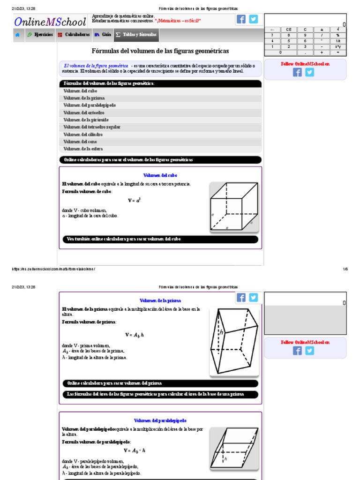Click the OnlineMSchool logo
click(50, 22)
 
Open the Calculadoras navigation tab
click(74, 35)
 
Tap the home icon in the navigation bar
click(17, 35)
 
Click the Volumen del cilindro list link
click(83, 135)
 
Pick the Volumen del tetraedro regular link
click(92, 127)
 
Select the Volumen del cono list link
click(80, 142)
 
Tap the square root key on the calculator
click(337, 29)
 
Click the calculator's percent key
click(337, 35)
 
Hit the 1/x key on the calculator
click(337, 41)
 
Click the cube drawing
click(234, 207)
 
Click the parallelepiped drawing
click(234, 448)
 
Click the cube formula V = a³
click(134, 200)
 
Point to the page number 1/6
click(345, 269)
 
